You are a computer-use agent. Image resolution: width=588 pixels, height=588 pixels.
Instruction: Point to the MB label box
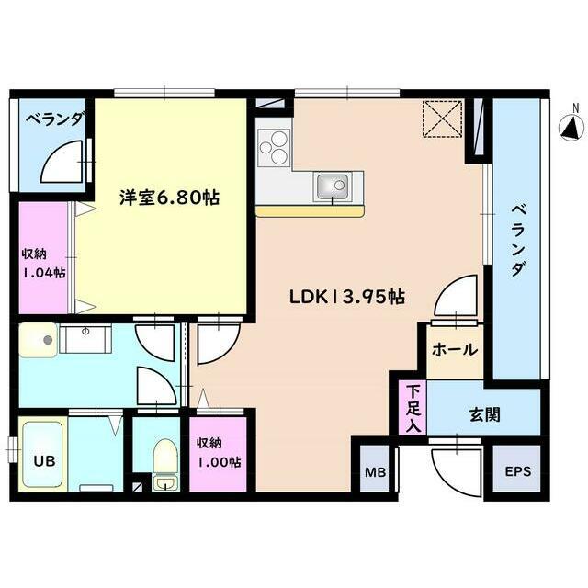(x=375, y=472)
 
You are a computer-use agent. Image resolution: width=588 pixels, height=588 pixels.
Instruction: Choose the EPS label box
(x=517, y=472)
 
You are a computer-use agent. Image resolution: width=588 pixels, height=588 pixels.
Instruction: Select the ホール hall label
(x=453, y=349)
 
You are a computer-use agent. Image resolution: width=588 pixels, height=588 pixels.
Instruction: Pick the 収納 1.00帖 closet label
(x=219, y=451)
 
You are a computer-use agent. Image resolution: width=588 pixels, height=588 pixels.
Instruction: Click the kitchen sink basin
(x=332, y=187)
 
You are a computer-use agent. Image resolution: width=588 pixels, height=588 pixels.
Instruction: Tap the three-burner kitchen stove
(x=274, y=146)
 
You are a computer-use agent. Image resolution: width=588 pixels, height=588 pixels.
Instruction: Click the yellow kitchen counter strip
(x=310, y=210)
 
